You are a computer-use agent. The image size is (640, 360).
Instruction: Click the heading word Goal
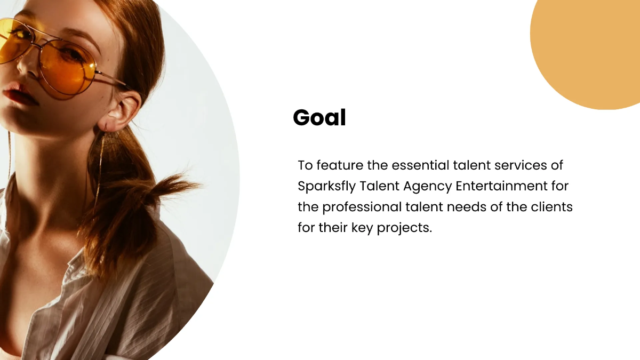(319, 118)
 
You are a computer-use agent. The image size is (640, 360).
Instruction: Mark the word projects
(404, 228)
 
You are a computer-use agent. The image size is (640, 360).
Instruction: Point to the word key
(363, 228)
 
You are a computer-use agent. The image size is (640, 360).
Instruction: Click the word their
(332, 228)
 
